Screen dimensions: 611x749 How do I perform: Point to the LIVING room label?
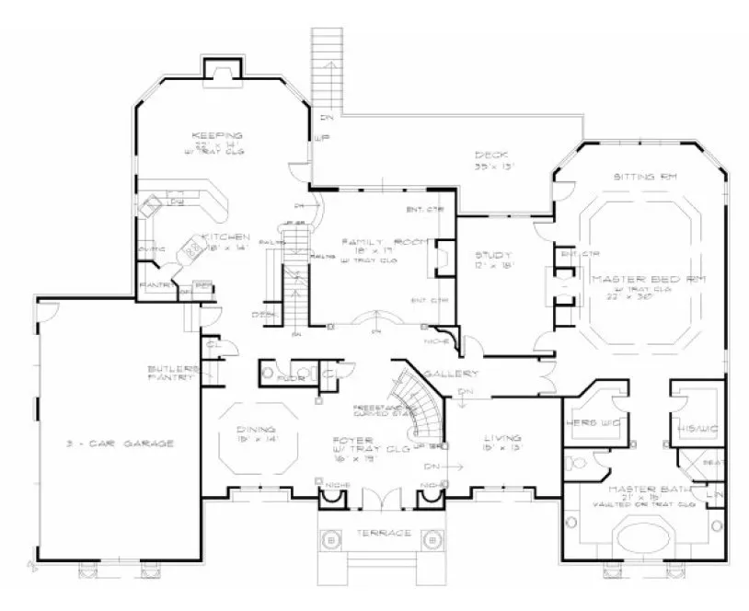501,438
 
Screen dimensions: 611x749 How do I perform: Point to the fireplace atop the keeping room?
221,71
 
